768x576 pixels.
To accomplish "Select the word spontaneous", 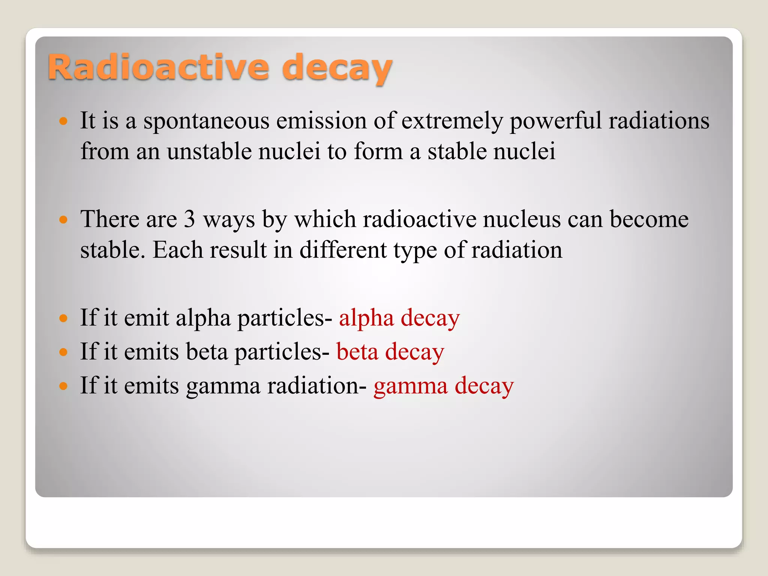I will tap(206, 121).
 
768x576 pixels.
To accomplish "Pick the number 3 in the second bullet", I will tap(189, 219).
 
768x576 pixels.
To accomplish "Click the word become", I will tap(649, 219).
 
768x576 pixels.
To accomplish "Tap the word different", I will tap(343, 250).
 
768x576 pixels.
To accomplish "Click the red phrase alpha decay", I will tap(399, 318).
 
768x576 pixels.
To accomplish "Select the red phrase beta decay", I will tap(390, 352).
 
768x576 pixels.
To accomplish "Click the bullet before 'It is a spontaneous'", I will tap(63, 121).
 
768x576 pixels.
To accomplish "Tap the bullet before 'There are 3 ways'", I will tap(63, 219).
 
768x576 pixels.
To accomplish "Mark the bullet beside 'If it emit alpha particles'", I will tap(63, 318).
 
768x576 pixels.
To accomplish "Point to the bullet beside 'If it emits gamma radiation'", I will tap(63, 386).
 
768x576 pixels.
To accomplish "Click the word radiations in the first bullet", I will tap(658, 121).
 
